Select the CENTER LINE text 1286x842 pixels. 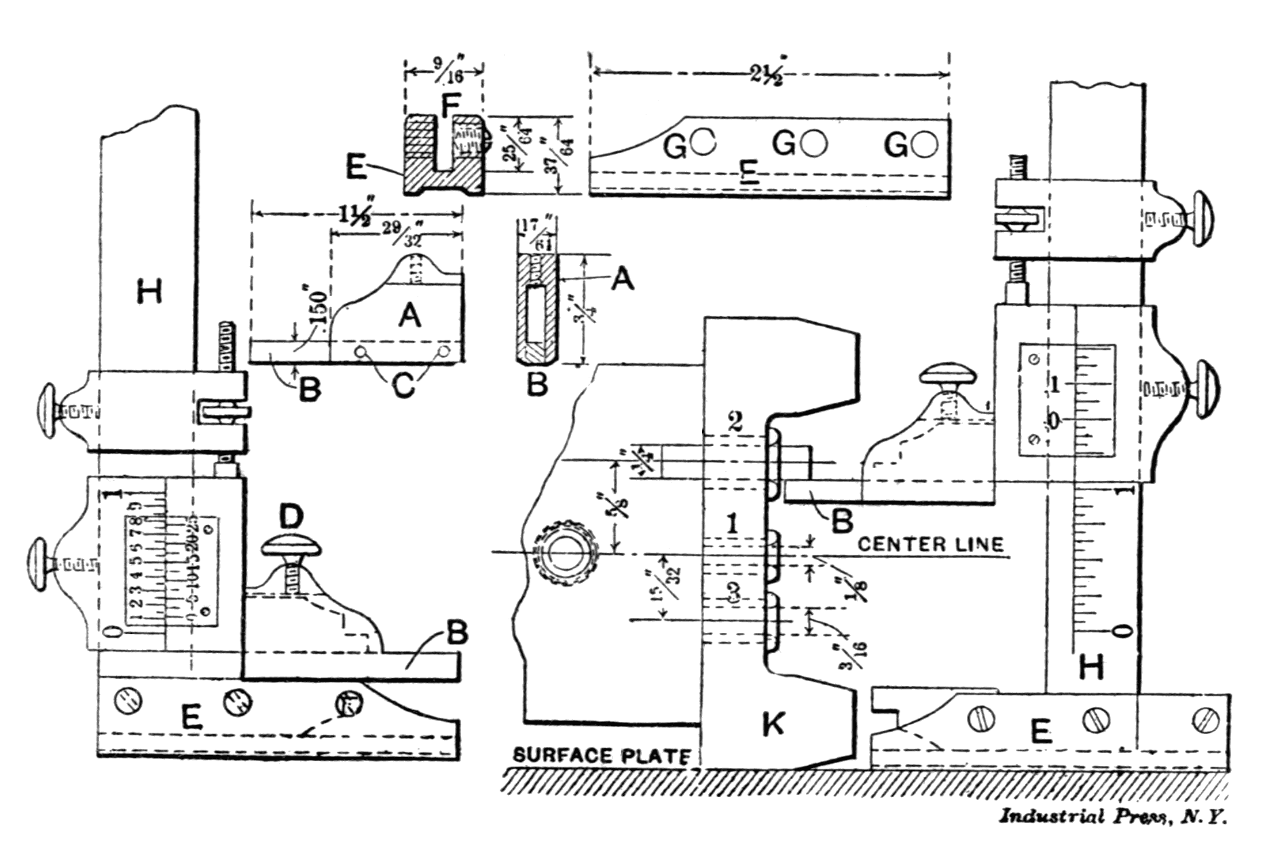[x=930, y=544]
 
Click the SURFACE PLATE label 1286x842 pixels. [x=602, y=755]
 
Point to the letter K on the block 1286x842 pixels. [x=773, y=724]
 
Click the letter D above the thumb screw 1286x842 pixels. [x=291, y=517]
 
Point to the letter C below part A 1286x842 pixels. [x=403, y=387]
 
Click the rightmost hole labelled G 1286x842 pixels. [x=925, y=144]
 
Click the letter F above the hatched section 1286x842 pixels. [x=449, y=106]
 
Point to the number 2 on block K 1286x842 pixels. [x=735, y=421]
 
